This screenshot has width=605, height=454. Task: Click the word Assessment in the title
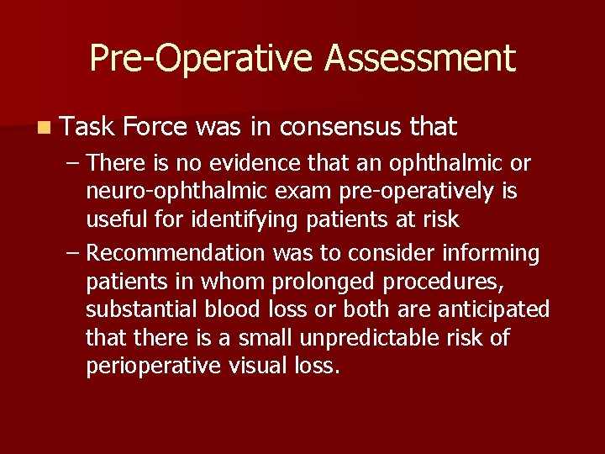[419, 58]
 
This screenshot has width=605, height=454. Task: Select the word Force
[155, 127]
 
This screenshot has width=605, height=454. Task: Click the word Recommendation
[176, 252]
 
